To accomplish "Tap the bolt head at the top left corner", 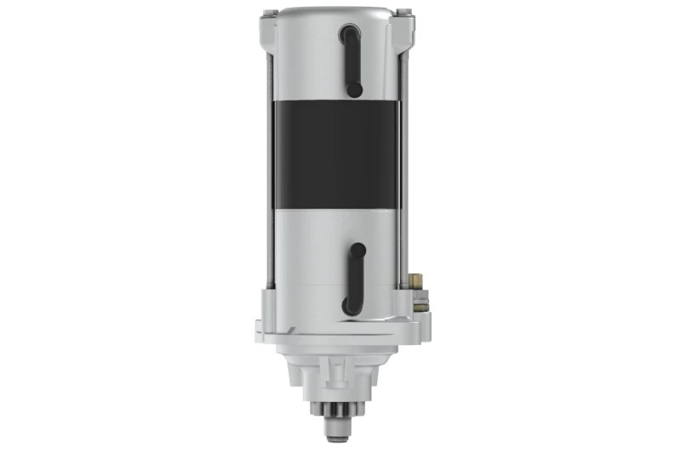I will pyautogui.click(x=269, y=13).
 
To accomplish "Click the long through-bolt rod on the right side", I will pyautogui.click(x=405, y=170).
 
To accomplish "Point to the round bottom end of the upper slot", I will pyautogui.click(x=354, y=89).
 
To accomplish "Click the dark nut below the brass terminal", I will pyautogui.click(x=420, y=303).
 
